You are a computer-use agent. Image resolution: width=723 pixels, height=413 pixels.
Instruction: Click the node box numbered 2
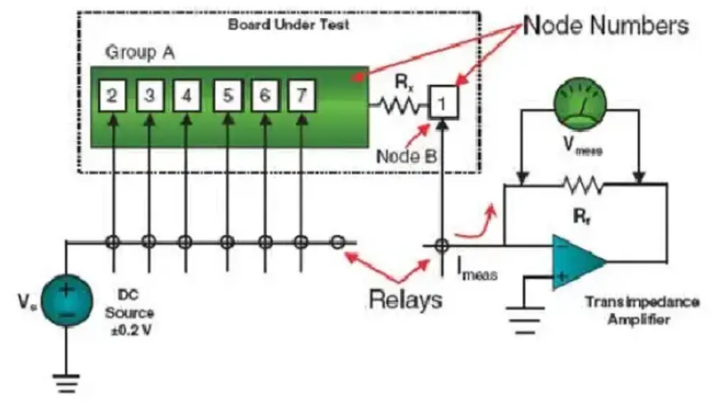[x=112, y=96]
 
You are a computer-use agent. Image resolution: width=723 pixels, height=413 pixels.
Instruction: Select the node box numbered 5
[x=228, y=96]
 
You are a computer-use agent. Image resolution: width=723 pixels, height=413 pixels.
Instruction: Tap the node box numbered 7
[x=302, y=96]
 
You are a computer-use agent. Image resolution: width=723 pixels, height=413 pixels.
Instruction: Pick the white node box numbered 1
[x=443, y=102]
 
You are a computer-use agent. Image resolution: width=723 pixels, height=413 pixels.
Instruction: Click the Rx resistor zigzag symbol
[x=400, y=106]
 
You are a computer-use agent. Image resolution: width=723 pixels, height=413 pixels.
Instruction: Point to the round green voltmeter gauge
[x=580, y=103]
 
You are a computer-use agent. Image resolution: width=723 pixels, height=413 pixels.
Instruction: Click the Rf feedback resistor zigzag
[x=583, y=185]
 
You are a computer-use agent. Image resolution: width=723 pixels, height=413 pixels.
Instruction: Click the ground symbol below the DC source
[x=67, y=382]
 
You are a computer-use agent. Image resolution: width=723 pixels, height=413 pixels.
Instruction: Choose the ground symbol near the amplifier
[x=525, y=319]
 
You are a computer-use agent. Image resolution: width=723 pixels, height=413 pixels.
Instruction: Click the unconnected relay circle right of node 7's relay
[x=337, y=242]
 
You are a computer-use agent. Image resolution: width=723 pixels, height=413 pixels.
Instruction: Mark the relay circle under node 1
[x=442, y=245]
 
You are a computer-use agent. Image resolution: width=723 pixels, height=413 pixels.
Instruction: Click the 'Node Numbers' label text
[x=606, y=26]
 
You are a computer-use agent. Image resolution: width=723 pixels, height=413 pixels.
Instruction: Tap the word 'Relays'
[x=406, y=299]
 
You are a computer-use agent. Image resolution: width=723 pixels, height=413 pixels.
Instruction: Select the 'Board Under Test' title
[x=289, y=25]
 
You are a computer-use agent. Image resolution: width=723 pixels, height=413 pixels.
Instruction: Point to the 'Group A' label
[x=140, y=52]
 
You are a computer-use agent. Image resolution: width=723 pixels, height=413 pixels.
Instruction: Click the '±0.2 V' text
[x=131, y=331]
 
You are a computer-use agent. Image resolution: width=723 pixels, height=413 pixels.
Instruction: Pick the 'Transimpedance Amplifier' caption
[x=642, y=311]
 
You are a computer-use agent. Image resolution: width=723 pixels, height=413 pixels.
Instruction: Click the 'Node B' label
[x=406, y=157]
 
